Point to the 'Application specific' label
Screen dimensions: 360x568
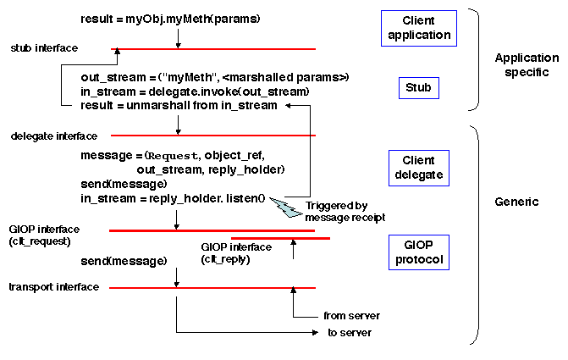click(x=527, y=64)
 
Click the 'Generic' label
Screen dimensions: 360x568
click(x=516, y=202)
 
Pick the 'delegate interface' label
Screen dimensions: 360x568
click(x=54, y=136)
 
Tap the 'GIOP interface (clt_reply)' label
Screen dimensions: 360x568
click(x=236, y=252)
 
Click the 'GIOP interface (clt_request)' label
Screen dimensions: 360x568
click(x=44, y=235)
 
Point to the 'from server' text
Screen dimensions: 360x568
click(x=346, y=316)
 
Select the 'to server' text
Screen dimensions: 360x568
click(x=349, y=332)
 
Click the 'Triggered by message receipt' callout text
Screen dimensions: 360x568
click(x=336, y=211)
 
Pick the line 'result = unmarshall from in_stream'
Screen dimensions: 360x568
click(x=179, y=105)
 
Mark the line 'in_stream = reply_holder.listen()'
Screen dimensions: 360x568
click(x=173, y=197)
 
